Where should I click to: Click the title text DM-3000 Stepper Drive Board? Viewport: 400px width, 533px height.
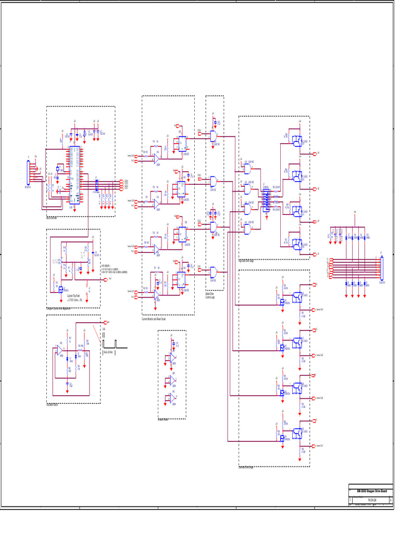coord(371,491)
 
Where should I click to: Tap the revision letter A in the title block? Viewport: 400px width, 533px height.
coord(391,500)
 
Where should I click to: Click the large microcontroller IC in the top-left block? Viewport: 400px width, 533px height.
coord(74,175)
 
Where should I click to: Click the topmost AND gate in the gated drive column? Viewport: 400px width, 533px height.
coord(213,136)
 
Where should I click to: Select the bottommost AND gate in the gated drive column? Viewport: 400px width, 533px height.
coord(213,272)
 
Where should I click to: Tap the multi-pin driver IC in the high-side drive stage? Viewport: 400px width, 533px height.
coord(265,199)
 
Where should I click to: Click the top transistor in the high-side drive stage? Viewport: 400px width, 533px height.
coord(297,141)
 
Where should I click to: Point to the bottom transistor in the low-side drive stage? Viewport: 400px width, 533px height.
coord(297,432)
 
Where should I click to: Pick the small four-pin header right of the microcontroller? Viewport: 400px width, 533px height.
coord(96,185)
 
